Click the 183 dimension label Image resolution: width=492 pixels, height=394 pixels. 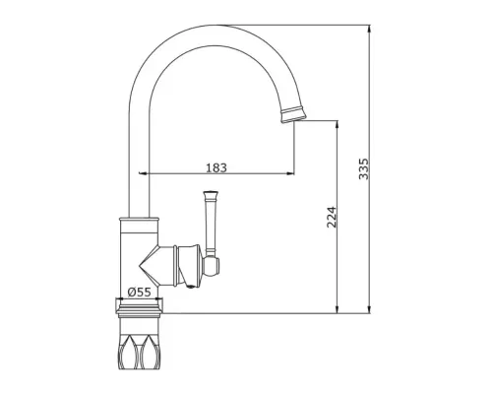(216, 167)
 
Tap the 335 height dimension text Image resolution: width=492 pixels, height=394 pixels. (363, 169)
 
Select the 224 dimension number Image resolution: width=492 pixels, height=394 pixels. (332, 217)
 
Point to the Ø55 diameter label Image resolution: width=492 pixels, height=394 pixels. (140, 292)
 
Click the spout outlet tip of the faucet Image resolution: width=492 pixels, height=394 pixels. (293, 119)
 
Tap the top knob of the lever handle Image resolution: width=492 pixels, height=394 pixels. (210, 194)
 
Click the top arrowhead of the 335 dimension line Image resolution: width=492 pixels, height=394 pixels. (370, 29)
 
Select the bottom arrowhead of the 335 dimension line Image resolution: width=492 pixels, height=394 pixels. (370, 309)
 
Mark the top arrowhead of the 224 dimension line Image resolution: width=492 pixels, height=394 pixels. (337, 124)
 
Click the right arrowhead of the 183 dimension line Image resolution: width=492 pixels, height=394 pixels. (290, 173)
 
